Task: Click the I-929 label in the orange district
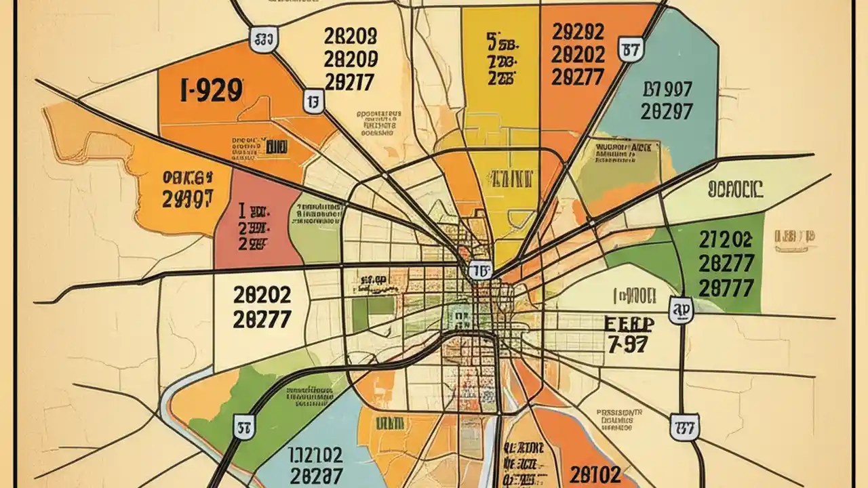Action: (212, 91)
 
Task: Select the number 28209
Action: (351, 59)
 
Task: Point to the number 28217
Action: (351, 82)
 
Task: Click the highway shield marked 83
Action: (264, 39)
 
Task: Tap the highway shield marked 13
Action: (313, 102)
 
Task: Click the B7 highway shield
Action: (631, 49)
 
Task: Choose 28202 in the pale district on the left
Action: (262, 295)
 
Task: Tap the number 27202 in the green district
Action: (725, 239)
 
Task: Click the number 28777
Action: (725, 287)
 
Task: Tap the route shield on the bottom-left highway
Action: (244, 426)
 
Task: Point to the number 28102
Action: (595, 473)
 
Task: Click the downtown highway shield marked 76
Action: (480, 270)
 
